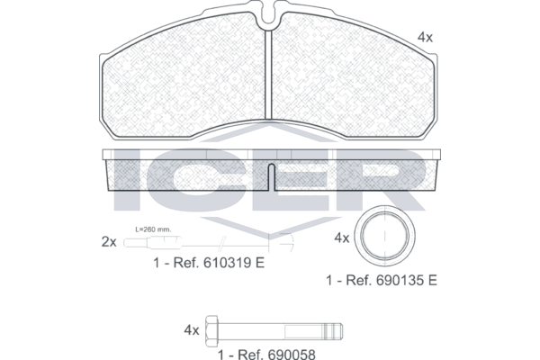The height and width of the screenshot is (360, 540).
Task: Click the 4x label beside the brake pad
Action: pyautogui.click(x=425, y=37)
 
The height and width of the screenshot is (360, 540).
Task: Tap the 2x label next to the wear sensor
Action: pyautogui.click(x=109, y=242)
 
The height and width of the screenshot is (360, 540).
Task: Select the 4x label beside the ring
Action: pyautogui.click(x=342, y=238)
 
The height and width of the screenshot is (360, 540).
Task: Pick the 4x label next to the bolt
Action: pyautogui.click(x=192, y=330)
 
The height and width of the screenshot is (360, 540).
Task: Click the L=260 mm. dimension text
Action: pyautogui.click(x=153, y=229)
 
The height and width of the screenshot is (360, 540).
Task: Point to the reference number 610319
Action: pyautogui.click(x=228, y=263)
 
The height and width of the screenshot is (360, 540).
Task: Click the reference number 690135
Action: pyautogui.click(x=400, y=281)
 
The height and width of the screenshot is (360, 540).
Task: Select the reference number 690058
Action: pyautogui.click(x=292, y=355)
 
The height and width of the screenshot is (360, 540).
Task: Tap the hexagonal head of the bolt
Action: pyautogui.click(x=211, y=330)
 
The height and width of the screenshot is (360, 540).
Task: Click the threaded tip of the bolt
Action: pyautogui.click(x=332, y=330)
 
